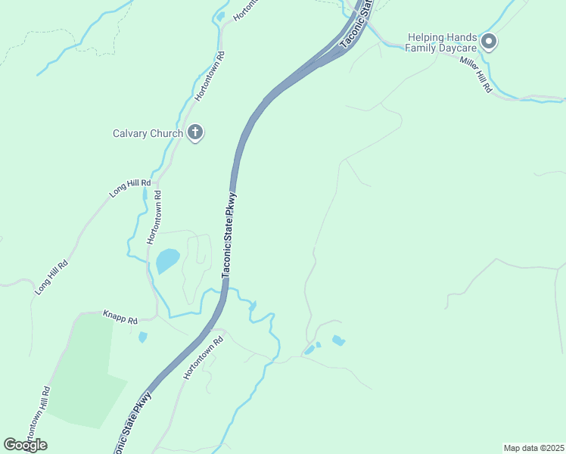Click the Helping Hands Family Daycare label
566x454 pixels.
pyautogui.click(x=443, y=42)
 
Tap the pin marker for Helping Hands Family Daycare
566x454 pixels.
pyautogui.click(x=488, y=42)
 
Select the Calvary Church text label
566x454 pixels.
pyautogui.click(x=148, y=134)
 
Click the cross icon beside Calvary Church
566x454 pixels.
pyautogui.click(x=195, y=134)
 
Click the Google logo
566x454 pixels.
pyautogui.click(x=25, y=445)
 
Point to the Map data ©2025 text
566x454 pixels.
pyautogui.click(x=534, y=448)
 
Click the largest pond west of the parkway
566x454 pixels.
pyautogui.click(x=167, y=261)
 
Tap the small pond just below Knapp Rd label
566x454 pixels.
pyautogui.click(x=143, y=337)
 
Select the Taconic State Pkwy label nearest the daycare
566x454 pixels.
pyautogui.click(x=356, y=24)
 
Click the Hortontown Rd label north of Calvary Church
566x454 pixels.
pyautogui.click(x=210, y=76)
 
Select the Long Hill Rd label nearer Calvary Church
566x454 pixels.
pyautogui.click(x=130, y=188)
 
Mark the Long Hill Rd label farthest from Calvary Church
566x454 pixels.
pyautogui.click(x=51, y=278)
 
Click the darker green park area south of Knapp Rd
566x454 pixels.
pyautogui.click(x=83, y=371)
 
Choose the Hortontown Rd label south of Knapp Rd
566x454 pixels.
pyautogui.click(x=205, y=357)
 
